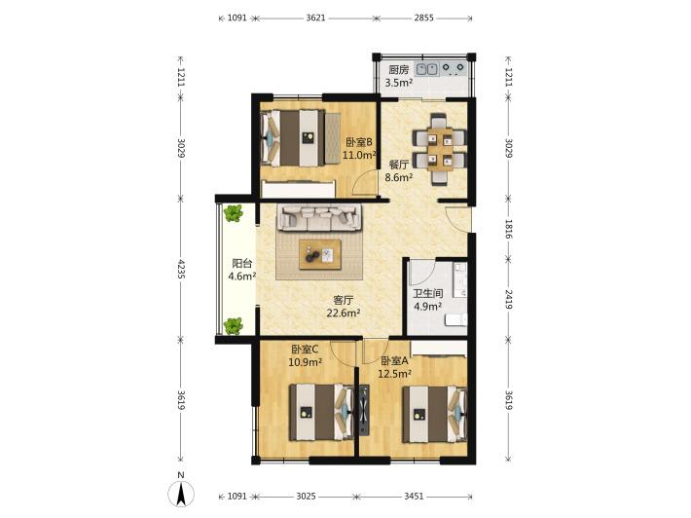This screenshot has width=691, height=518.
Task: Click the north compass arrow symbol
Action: coord(181,494)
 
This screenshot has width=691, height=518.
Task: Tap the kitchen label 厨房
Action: coord(399,70)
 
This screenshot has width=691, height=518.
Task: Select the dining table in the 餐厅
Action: coord(439,149)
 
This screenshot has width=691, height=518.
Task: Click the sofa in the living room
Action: coord(319,217)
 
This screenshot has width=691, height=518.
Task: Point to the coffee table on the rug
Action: coord(320,254)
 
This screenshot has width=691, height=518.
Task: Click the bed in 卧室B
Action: coord(294,138)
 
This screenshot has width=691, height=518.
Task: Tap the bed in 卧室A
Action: coord(435,414)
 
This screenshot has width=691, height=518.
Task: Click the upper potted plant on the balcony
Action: coord(233,213)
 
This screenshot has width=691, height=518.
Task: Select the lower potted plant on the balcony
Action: coord(233,326)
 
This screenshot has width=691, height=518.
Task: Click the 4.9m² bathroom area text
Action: coord(427,307)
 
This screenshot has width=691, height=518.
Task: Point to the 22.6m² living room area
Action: coord(344,313)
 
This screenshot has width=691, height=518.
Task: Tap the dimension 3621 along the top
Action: coord(315,18)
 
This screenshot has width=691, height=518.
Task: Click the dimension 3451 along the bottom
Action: coord(414,497)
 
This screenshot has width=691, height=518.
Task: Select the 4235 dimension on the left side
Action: coord(181,269)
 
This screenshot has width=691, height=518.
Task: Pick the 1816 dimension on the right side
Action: coord(508,229)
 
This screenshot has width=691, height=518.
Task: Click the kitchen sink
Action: coord(427,69)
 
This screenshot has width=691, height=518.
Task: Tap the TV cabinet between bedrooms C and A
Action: coord(364,411)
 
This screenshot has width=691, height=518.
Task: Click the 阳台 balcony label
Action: coord(242,264)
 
